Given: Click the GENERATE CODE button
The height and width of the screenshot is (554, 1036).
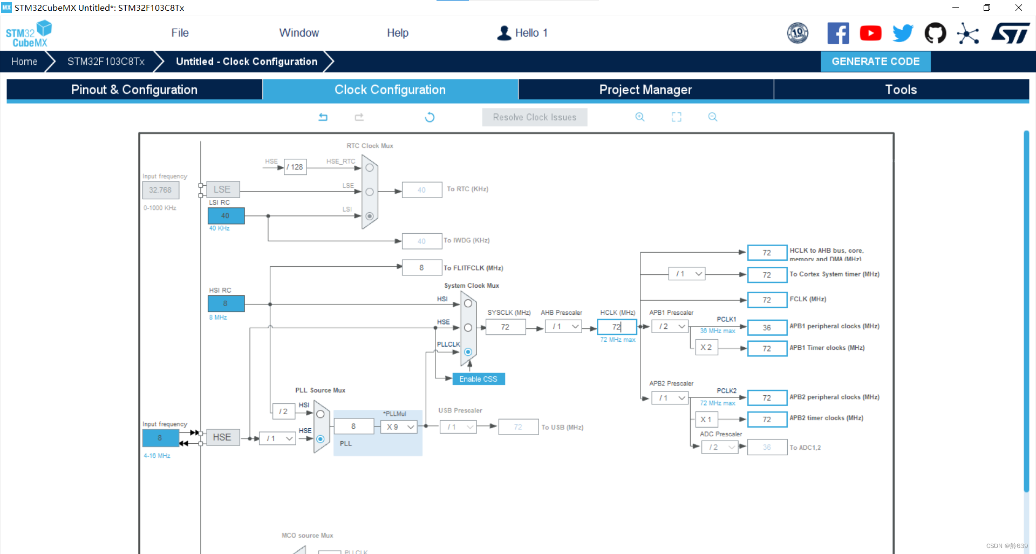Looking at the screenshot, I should [x=875, y=62].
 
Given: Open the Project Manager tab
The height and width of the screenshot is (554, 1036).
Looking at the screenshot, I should [x=645, y=90].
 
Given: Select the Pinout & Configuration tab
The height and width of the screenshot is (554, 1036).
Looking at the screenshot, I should [x=134, y=90].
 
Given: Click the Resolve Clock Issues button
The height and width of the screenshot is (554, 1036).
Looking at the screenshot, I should [x=534, y=117].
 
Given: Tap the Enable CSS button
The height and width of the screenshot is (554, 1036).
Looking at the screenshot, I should [x=478, y=379].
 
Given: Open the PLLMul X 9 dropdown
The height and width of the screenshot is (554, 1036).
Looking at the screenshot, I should [x=400, y=427].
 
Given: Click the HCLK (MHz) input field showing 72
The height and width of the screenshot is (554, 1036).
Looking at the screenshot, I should [x=616, y=327].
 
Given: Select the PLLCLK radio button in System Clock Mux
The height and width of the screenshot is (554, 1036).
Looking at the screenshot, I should [x=468, y=352].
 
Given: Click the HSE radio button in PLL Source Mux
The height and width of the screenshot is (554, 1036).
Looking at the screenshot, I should [x=321, y=439].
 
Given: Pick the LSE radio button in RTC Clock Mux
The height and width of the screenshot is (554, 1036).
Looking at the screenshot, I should [x=370, y=192].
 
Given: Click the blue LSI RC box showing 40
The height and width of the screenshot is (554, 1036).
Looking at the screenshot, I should [x=226, y=216].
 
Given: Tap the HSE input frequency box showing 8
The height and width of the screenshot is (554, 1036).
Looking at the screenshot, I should [x=160, y=438].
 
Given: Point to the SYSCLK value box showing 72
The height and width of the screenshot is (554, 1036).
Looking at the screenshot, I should [x=505, y=327].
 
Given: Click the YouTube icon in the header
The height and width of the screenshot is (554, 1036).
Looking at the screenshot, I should [x=870, y=33].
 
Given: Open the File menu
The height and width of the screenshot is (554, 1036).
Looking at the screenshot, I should [x=180, y=33].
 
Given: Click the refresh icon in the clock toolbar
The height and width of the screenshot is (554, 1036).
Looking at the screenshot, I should [x=430, y=117].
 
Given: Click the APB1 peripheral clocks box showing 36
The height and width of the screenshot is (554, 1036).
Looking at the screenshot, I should [x=767, y=328].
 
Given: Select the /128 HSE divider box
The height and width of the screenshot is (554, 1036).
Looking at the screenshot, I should [x=295, y=167].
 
